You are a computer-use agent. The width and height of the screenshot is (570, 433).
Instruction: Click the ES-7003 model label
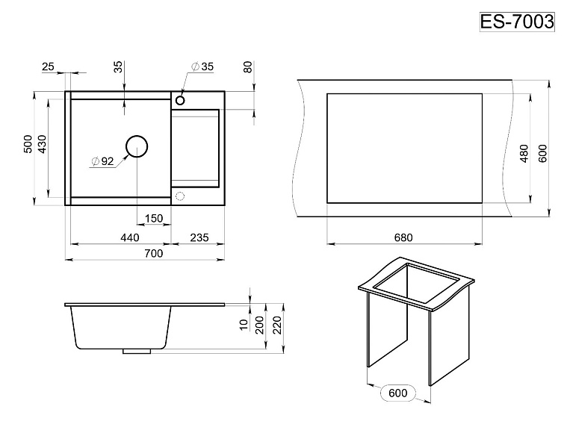(x=517, y=22)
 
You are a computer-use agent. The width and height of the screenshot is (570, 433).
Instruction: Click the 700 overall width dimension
(x=154, y=253)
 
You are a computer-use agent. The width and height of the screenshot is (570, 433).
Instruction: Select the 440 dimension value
(x=130, y=237)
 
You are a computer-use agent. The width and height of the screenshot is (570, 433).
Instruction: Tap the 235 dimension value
(x=199, y=237)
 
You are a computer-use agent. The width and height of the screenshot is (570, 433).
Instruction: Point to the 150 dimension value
(x=154, y=218)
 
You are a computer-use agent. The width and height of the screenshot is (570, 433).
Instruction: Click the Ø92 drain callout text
(x=103, y=161)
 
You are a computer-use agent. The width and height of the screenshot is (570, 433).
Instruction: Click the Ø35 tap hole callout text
(x=202, y=66)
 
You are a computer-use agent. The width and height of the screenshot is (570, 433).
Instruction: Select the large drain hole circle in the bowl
(x=137, y=146)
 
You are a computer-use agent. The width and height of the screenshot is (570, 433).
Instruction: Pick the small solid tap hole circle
(x=180, y=100)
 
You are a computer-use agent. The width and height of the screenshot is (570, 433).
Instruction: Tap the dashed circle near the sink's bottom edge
(x=180, y=196)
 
